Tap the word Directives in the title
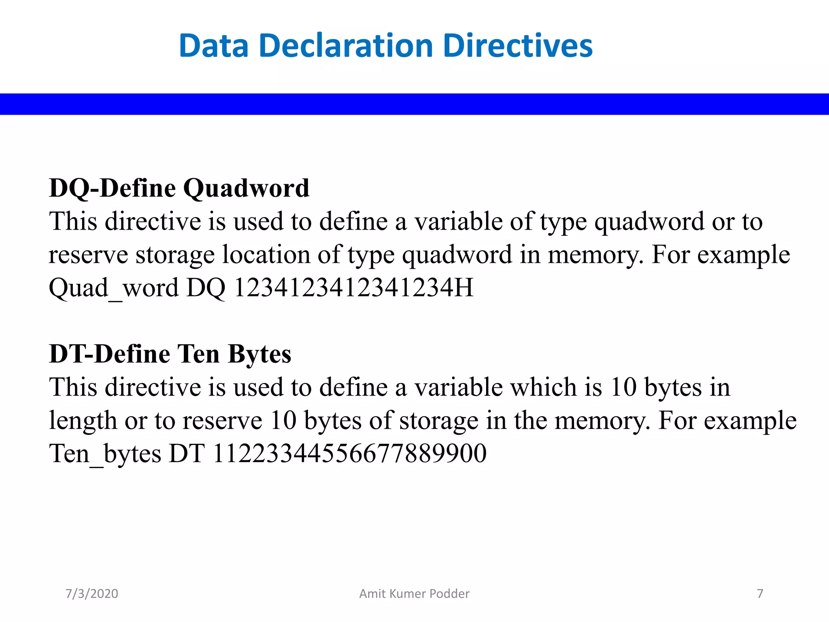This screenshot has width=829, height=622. click(518, 45)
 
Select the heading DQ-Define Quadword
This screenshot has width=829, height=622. click(179, 188)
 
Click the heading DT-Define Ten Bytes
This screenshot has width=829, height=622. click(170, 354)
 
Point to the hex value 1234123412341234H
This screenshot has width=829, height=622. click(354, 288)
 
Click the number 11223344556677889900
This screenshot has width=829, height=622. click(350, 453)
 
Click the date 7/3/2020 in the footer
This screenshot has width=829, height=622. click(92, 594)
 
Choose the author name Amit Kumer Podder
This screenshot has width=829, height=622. click(414, 594)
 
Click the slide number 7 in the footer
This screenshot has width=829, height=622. click(760, 594)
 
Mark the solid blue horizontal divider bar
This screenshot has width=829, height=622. click(414, 104)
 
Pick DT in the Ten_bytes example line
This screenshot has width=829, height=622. click(187, 453)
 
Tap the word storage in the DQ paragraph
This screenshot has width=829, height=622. click(175, 255)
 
